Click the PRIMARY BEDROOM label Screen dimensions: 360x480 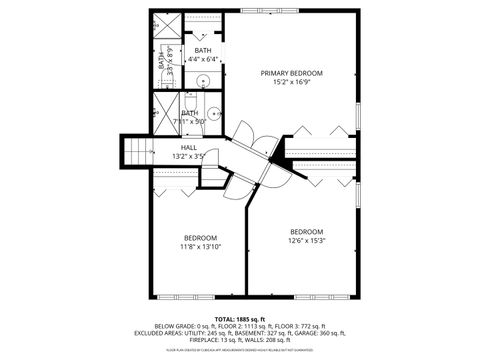coord(291,73)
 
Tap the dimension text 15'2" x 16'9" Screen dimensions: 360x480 coord(291,82)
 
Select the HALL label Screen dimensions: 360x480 coord(188,147)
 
